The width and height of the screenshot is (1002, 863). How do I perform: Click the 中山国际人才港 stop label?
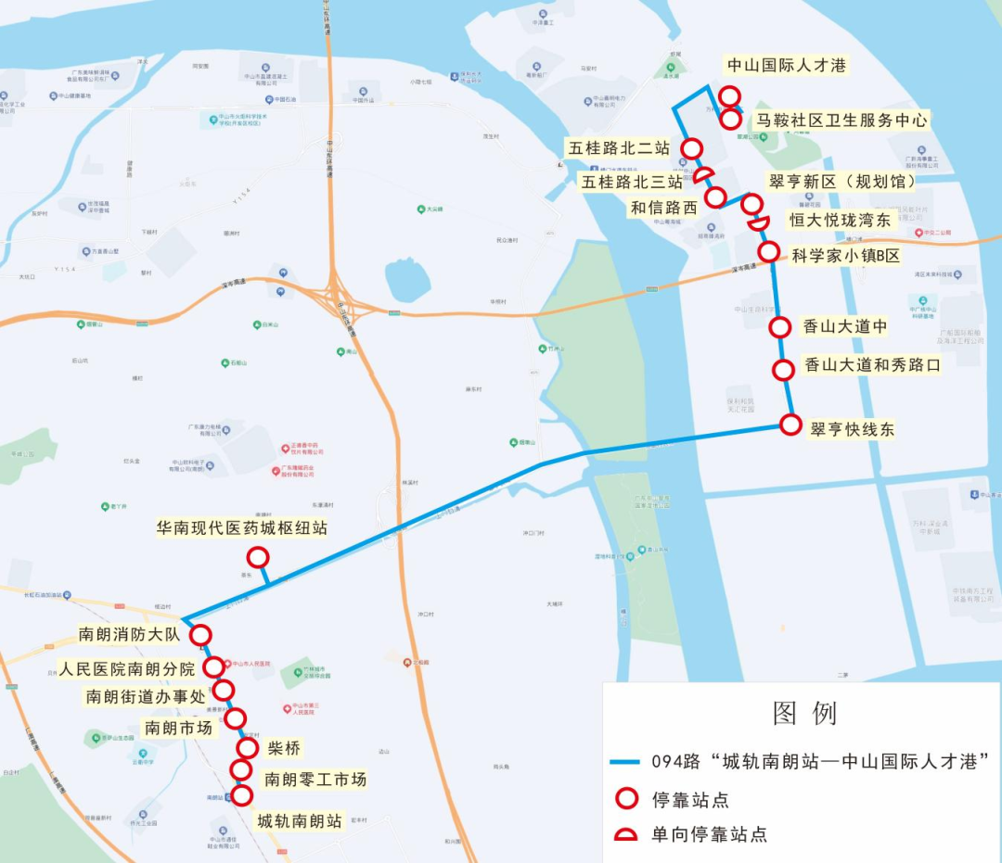click(x=787, y=66)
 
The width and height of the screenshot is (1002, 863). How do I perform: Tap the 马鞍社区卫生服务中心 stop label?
click(x=841, y=121)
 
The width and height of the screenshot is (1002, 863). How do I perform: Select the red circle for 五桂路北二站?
click(x=691, y=148)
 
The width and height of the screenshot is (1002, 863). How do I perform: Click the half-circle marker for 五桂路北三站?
click(x=704, y=174)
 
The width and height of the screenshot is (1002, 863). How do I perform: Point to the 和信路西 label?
click(x=663, y=209)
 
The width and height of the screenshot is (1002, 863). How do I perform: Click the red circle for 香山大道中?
click(x=781, y=326)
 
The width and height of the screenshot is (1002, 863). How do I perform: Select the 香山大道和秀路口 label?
click(x=871, y=365)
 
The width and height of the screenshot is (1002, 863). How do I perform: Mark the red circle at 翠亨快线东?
click(x=790, y=425)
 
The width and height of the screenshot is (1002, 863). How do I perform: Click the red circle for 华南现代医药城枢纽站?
click(x=258, y=557)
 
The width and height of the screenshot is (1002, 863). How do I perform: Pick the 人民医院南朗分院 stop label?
click(x=127, y=668)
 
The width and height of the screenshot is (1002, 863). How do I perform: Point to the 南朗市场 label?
click(x=178, y=728)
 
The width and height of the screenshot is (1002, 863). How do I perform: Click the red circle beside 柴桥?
click(x=248, y=748)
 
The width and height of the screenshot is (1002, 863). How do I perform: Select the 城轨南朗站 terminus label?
click(x=300, y=820)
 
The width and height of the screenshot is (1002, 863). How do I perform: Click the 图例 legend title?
click(x=804, y=713)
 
